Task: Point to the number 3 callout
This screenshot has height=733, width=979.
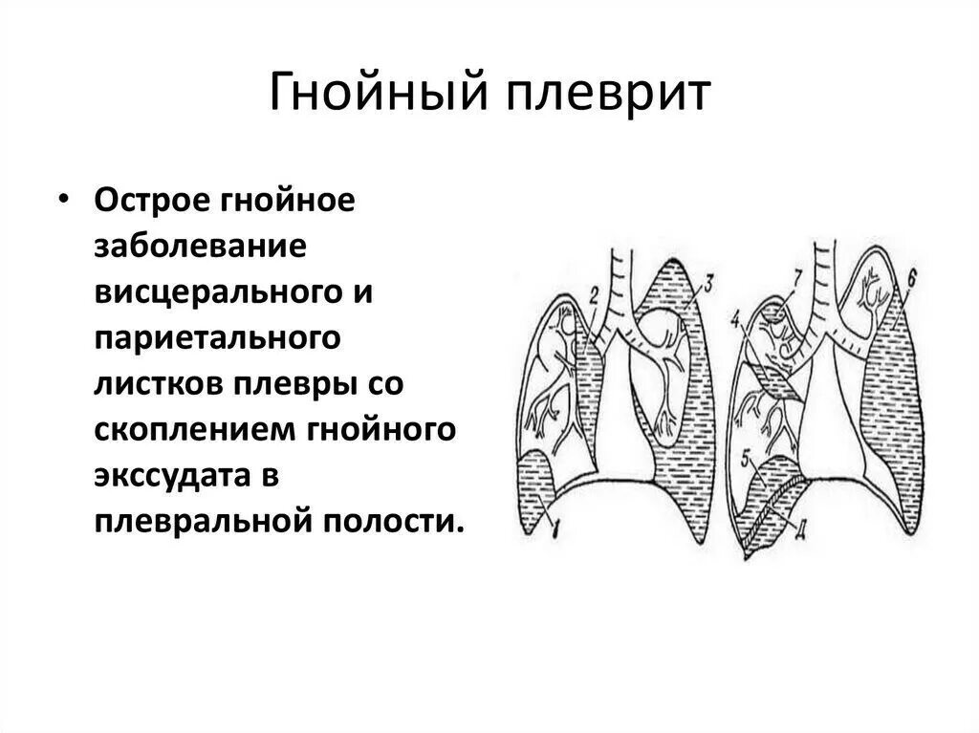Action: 708,283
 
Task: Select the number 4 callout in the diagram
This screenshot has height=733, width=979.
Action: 735,317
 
